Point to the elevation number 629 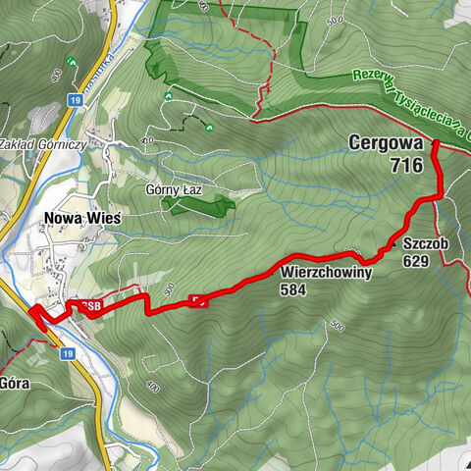416,262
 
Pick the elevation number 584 292,290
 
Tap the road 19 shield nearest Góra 67,353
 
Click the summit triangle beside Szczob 392,241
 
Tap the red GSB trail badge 89,304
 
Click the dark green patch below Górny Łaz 199,205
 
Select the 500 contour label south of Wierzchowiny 339,325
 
